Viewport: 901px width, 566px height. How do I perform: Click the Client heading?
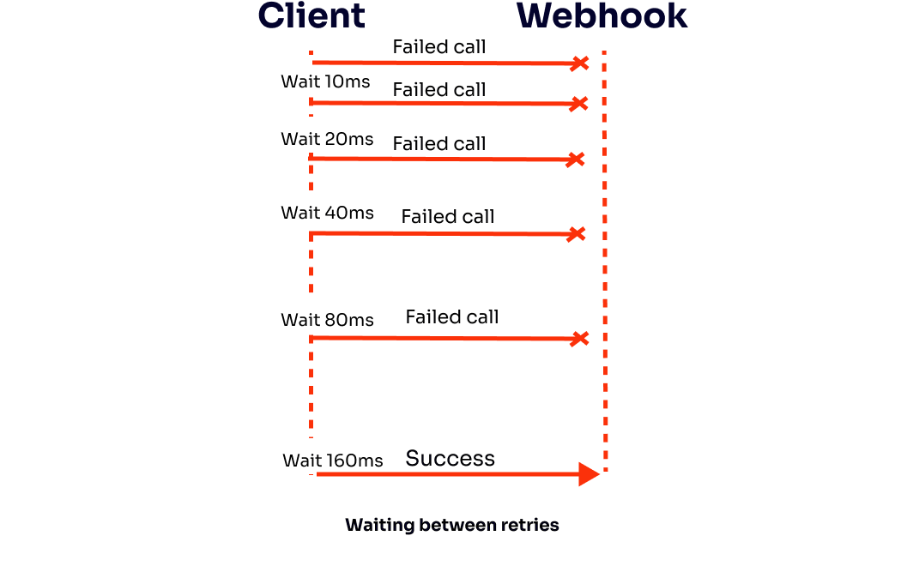coord(311,16)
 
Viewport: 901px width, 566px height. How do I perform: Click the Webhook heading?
coord(602,16)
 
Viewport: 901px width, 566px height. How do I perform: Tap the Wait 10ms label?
coord(325,81)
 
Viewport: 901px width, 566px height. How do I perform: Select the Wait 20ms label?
coord(327,139)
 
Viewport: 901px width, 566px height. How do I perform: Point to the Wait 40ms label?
coord(327,213)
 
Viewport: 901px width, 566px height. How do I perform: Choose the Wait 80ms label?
coord(327,320)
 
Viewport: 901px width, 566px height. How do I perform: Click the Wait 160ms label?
coord(332,461)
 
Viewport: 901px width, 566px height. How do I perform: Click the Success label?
coord(450,458)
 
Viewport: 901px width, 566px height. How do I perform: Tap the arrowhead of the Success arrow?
coord(589,473)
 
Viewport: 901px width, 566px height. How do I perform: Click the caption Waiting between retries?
coord(451,525)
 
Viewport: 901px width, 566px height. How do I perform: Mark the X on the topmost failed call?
coord(581,63)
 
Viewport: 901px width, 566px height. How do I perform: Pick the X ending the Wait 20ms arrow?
coord(576,160)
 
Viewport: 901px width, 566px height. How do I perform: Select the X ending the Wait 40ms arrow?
coord(577,234)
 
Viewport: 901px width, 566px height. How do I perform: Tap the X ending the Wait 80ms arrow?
coord(580,339)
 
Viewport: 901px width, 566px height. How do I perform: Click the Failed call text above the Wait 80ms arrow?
coord(451,316)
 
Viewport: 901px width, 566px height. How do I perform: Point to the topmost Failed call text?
coord(438,47)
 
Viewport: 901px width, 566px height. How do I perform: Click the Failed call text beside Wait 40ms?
coord(447,216)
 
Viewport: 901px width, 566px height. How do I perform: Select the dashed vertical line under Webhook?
coord(605,257)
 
